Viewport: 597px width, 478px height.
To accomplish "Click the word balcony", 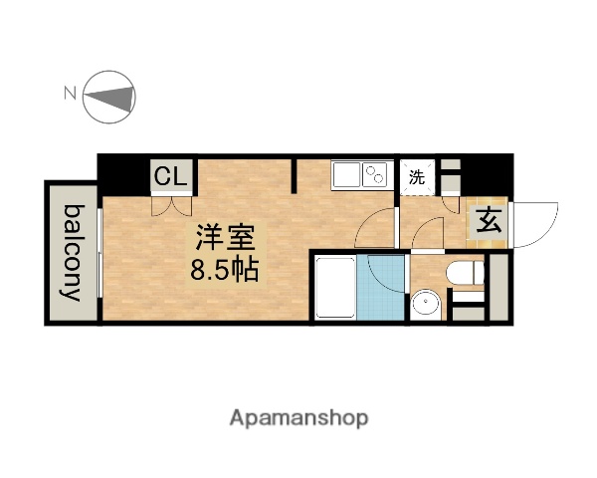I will [x=73, y=252].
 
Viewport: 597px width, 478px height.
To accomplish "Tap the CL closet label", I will [x=169, y=178].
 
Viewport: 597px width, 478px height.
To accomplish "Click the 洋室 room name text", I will [x=225, y=239].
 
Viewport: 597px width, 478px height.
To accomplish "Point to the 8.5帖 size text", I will [x=225, y=269].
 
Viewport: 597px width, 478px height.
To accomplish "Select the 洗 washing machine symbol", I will [x=417, y=180].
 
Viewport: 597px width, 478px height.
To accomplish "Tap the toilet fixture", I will [x=463, y=271].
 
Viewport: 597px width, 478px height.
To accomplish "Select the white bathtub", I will [x=336, y=288].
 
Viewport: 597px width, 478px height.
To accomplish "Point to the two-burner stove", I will [x=376, y=176].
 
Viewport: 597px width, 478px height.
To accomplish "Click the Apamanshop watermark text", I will [x=298, y=418].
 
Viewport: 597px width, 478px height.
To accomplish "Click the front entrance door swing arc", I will [x=538, y=225].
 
